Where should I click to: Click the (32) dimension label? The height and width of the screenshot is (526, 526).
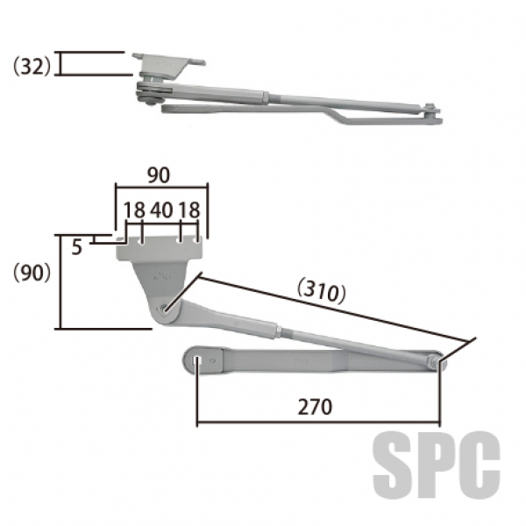coord(32,67)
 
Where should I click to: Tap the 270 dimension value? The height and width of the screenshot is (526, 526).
coord(315,407)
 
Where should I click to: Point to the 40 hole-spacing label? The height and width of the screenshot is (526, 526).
coord(161,210)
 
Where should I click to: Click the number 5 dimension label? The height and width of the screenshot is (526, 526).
coord(77,247)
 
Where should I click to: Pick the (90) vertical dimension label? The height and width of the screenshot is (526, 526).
coord(32,273)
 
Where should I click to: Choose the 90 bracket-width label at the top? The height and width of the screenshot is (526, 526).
coord(159,175)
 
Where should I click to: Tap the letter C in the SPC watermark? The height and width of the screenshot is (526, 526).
coord(480,465)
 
